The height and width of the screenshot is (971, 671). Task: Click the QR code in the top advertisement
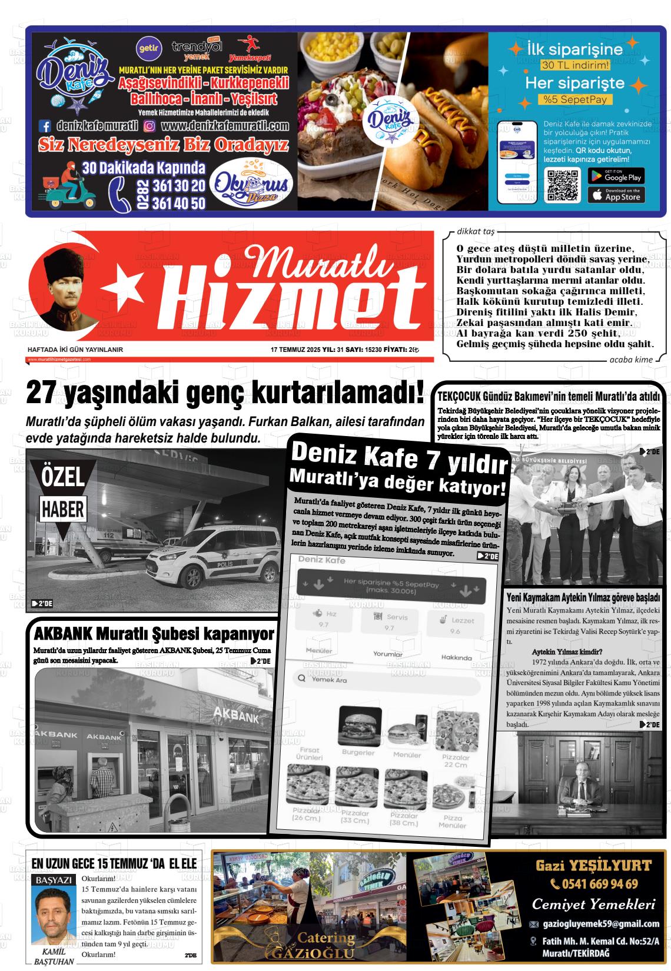pyautogui.click(x=563, y=185)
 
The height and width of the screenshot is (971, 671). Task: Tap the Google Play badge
pyautogui.click(x=616, y=175)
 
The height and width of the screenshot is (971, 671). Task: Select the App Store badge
pyautogui.click(x=616, y=195)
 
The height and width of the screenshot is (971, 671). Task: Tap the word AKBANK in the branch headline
pyautogui.click(x=62, y=634)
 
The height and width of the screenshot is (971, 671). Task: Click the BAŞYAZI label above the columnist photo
pyautogui.click(x=54, y=880)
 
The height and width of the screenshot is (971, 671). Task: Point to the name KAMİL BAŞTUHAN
pyautogui.click(x=54, y=956)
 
